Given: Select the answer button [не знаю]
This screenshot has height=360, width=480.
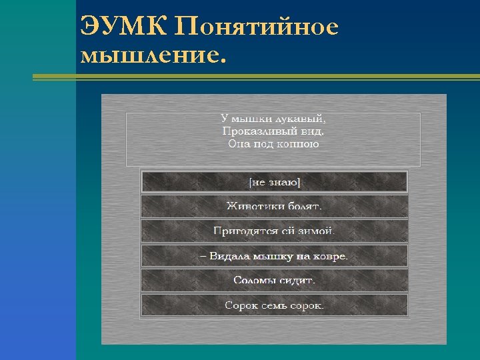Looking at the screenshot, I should [x=274, y=181].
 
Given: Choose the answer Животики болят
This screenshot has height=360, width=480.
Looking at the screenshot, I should [x=274, y=206].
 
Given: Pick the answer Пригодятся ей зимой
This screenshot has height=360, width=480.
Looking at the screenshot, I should [x=274, y=231].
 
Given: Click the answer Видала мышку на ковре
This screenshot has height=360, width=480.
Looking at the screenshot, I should [x=274, y=256].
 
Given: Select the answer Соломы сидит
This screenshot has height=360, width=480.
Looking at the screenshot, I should [x=274, y=281].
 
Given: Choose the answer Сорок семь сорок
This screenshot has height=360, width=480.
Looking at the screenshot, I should [x=274, y=305].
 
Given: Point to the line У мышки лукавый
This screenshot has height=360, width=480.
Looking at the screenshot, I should [x=274, y=119].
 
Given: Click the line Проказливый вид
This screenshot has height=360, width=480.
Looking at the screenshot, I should [x=274, y=131].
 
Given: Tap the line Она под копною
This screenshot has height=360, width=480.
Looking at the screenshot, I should [x=274, y=143].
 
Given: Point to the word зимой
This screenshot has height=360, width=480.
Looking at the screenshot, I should [x=319, y=231].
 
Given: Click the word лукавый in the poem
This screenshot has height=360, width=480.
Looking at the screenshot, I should [x=303, y=119].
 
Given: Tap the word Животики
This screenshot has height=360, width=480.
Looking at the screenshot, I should [x=255, y=206].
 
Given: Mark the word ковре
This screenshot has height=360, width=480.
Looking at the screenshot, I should [x=332, y=256].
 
